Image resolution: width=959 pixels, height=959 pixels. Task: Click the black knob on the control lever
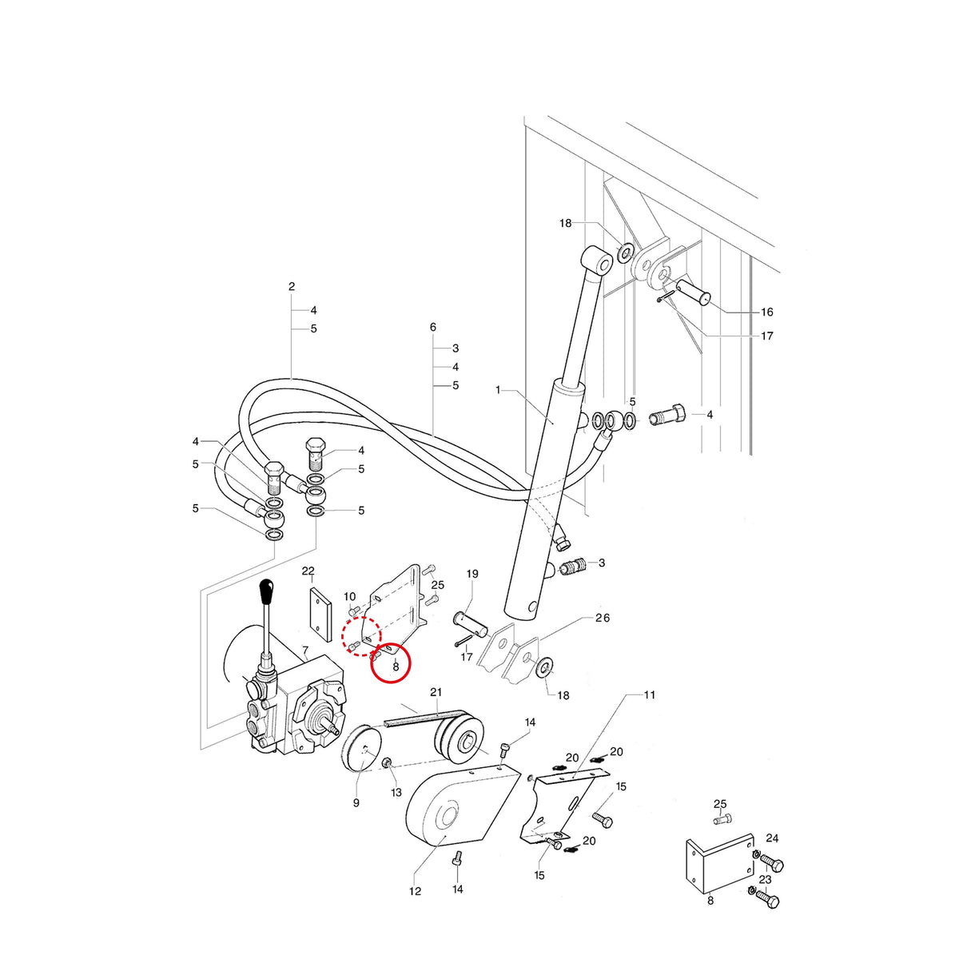(268, 591)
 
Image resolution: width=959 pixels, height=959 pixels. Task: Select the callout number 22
(308, 571)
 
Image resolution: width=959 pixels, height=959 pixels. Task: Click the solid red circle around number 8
(391, 663)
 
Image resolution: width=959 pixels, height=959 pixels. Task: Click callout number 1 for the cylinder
(498, 390)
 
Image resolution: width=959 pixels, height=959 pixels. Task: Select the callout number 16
(767, 312)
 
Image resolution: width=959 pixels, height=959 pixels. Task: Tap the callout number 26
(603, 618)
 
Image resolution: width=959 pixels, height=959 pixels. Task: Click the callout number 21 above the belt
(436, 692)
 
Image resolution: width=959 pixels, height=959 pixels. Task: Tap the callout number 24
(772, 838)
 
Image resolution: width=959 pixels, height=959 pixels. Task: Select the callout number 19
(472, 574)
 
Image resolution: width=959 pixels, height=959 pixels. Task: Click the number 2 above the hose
(292, 286)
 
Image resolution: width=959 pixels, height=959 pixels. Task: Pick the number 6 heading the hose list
(433, 327)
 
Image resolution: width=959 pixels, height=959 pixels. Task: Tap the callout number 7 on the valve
(304, 650)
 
